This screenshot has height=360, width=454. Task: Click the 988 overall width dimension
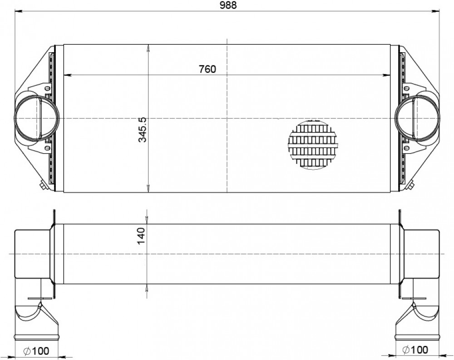pos(228,5)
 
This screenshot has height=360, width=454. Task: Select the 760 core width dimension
pos(207,69)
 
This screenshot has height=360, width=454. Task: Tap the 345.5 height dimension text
pos(143,130)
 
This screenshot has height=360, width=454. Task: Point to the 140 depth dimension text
pos(141,236)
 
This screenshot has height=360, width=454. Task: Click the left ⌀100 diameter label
pos(36,351)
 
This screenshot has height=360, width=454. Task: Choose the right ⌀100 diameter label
pos(415,350)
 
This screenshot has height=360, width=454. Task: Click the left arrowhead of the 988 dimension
pos(19,11)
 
